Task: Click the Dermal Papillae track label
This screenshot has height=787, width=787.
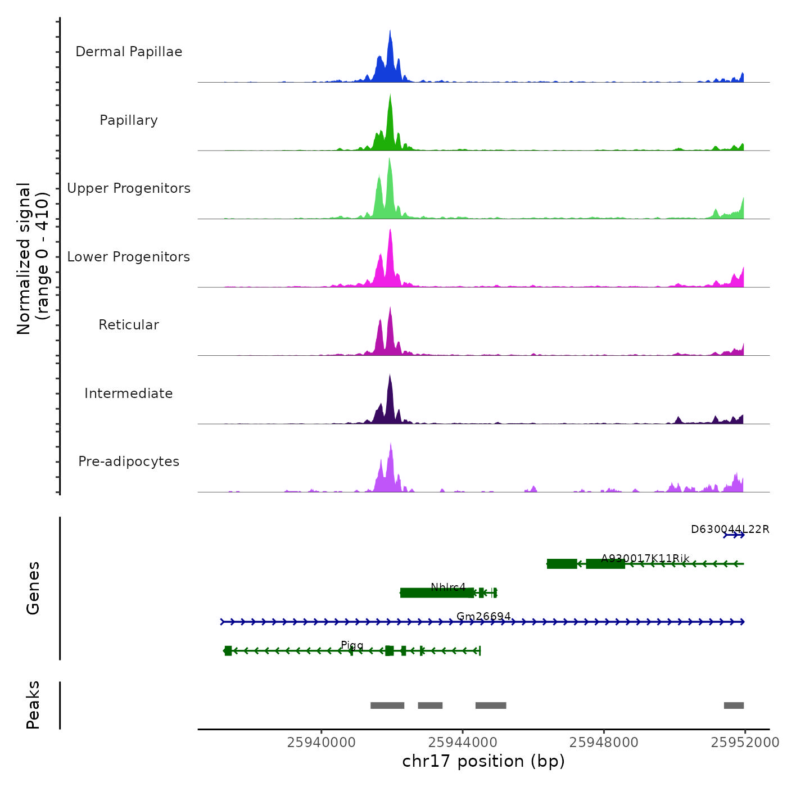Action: pyautogui.click(x=129, y=52)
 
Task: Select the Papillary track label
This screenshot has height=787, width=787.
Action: pyautogui.click(x=129, y=120)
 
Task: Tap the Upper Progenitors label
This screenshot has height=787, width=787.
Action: pyautogui.click(x=129, y=188)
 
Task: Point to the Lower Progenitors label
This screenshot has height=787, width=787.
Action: pyautogui.click(x=129, y=257)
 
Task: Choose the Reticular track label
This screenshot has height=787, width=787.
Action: pyautogui.click(x=129, y=325)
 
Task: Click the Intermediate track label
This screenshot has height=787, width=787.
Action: pyautogui.click(x=129, y=393)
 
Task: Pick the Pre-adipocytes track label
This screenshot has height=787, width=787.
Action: pyautogui.click(x=129, y=462)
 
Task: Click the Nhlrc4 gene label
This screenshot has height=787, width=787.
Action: pyautogui.click(x=448, y=587)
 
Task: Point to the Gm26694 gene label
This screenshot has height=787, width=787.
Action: pyautogui.click(x=483, y=616)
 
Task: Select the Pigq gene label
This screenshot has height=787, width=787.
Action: pyautogui.click(x=352, y=645)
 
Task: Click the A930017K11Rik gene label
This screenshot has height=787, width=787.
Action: pyautogui.click(x=645, y=558)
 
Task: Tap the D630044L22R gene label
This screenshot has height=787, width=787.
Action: pyautogui.click(x=730, y=529)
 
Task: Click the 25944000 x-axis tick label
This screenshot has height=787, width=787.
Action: pyautogui.click(x=463, y=743)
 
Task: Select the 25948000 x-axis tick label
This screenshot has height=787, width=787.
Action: pyautogui.click(x=604, y=743)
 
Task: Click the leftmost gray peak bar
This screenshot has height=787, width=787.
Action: pyautogui.click(x=387, y=705)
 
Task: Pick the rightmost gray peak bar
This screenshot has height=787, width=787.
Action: pyautogui.click(x=734, y=705)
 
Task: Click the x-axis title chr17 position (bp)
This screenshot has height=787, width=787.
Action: pyautogui.click(x=483, y=761)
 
